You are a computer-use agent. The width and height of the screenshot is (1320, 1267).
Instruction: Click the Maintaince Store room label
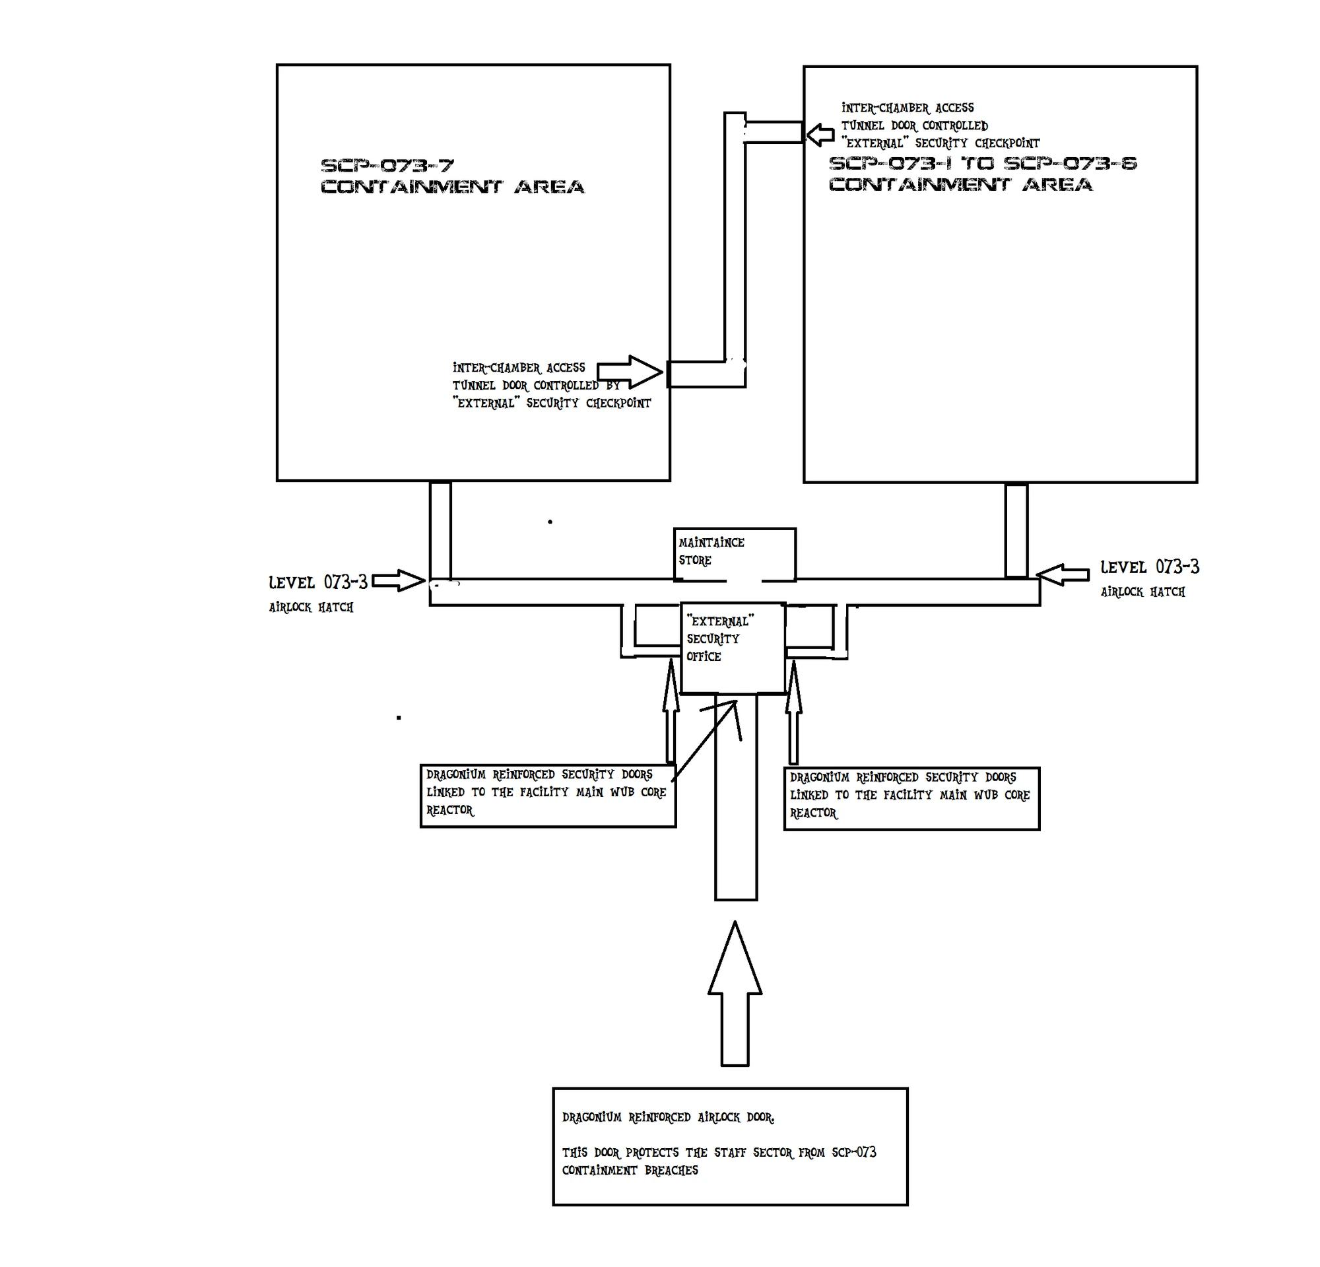pyautogui.click(x=711, y=551)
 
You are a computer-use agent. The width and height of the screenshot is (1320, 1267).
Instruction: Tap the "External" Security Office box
pyautogui.click(x=733, y=647)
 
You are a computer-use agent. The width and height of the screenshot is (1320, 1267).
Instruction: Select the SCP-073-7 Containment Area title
pyautogui.click(x=452, y=176)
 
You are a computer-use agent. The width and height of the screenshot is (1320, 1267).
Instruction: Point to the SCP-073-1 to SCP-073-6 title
pyautogui.click(x=982, y=173)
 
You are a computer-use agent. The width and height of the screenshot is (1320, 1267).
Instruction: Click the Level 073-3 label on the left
pyautogui.click(x=318, y=582)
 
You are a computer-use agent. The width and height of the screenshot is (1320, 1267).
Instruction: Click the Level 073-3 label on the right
pyautogui.click(x=1150, y=567)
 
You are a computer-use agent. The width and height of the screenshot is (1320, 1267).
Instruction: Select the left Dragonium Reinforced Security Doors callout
pyautogui.click(x=548, y=795)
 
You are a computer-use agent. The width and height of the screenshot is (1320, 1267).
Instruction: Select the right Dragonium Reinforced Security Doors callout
pyautogui.click(x=911, y=798)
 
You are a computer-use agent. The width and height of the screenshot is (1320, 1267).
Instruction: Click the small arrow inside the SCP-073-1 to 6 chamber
pyautogui.click(x=820, y=135)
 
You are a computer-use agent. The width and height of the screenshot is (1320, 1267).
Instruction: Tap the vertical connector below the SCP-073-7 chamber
pyautogui.click(x=440, y=530)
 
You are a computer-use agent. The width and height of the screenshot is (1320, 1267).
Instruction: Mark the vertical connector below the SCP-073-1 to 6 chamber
pyautogui.click(x=1016, y=530)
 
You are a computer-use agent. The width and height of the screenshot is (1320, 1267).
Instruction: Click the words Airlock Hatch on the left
pyautogui.click(x=311, y=607)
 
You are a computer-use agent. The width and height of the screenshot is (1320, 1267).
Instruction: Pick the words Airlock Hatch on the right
pyautogui.click(x=1143, y=592)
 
